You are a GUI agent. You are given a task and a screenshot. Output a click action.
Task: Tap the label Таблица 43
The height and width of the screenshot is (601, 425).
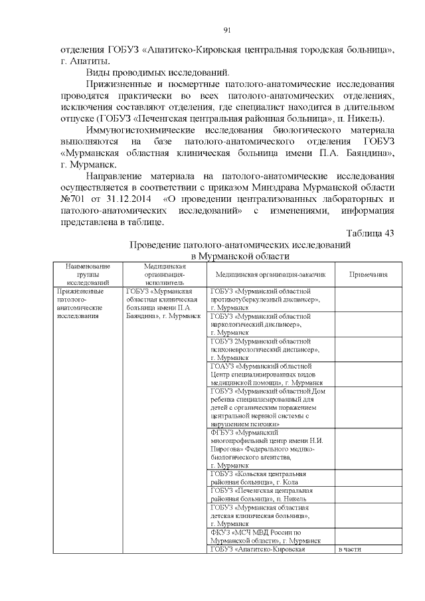(371, 232)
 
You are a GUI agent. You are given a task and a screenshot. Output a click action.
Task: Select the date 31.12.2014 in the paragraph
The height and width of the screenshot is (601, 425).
(129, 200)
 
